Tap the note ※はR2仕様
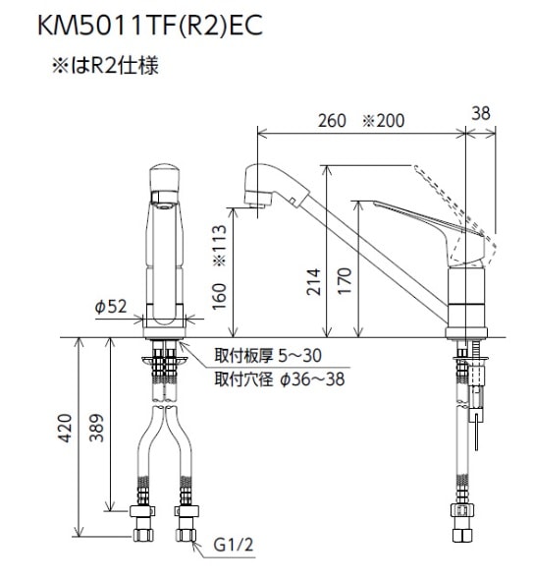(x=105, y=68)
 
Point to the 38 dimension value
(x=480, y=114)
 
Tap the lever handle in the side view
(x=412, y=218)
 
